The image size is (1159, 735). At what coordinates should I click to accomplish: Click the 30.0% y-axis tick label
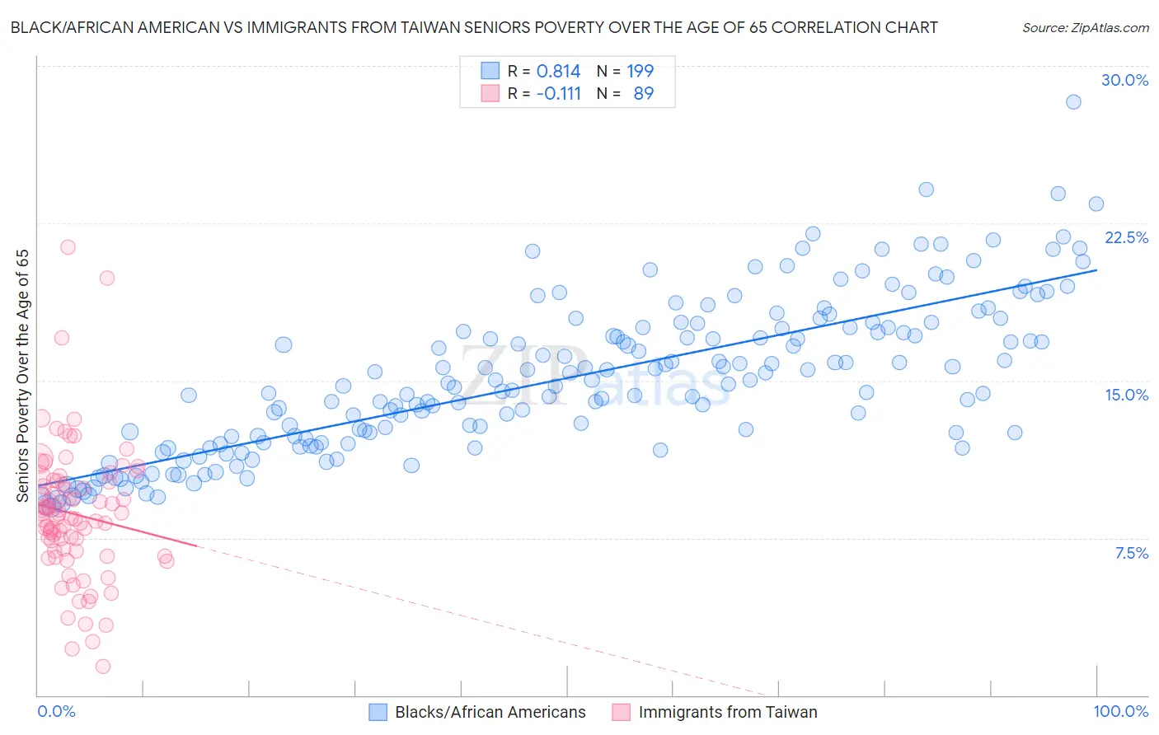coord(1124,80)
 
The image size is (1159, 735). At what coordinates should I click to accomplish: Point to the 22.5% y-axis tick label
coord(1126,237)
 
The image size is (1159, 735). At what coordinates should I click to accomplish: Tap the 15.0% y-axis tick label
coord(1126,395)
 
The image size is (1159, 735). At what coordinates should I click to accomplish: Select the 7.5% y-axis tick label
coord(1131,553)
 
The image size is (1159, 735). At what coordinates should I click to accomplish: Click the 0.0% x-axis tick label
coord(56,711)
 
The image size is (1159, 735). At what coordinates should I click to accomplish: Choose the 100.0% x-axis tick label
coord(1120,711)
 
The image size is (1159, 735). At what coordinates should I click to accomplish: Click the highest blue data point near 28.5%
coord(1073,102)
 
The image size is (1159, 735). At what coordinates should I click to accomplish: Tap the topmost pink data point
coord(68,247)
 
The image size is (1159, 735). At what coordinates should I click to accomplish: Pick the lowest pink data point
coord(103,666)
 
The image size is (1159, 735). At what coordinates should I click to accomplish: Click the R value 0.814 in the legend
coord(558,72)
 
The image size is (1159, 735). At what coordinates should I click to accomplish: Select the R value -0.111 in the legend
coord(558,94)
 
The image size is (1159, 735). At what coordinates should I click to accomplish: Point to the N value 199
coord(640,72)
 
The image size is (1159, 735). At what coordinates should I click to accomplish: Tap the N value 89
coord(643,94)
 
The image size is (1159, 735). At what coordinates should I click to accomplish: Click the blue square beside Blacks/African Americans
coord(378,712)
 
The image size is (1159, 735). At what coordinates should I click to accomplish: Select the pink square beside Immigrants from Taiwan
coord(621,712)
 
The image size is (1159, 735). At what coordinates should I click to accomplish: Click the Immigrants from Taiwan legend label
coord(727,712)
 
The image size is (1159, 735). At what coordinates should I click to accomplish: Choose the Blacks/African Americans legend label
coord(490,712)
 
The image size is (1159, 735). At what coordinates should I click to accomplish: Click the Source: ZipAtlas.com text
coord(1085,27)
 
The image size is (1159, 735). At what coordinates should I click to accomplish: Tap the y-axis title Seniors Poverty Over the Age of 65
coord(23,375)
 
